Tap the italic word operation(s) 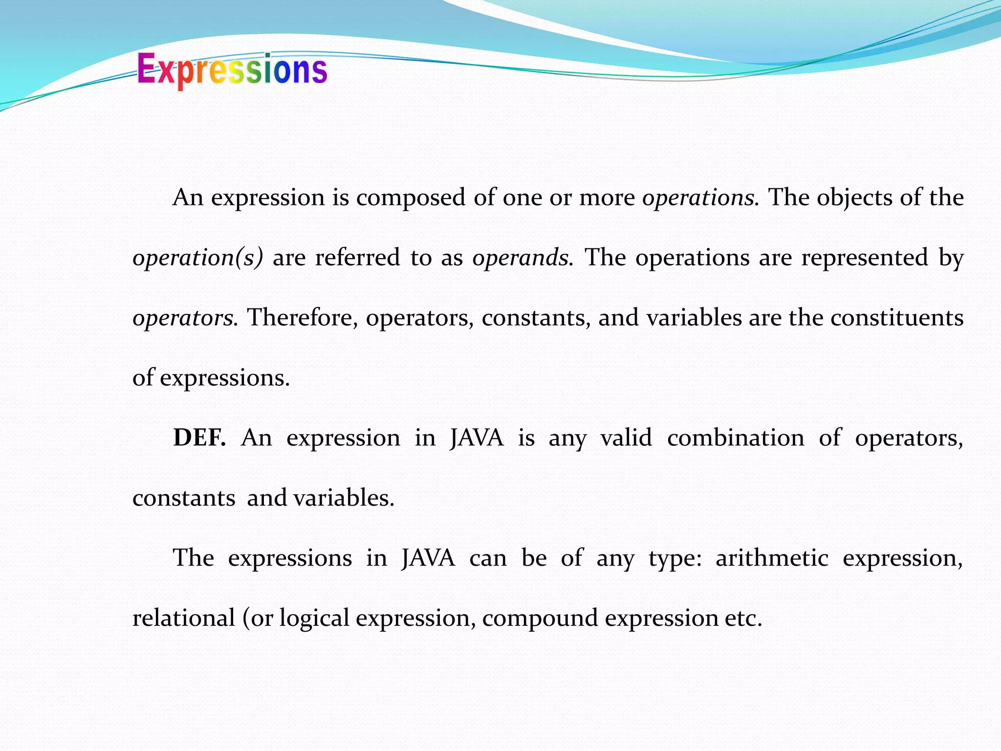198,258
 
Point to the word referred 357,258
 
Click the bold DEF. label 199,438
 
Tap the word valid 626,438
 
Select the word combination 736,438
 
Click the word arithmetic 772,558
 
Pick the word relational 184,618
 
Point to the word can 488,558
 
